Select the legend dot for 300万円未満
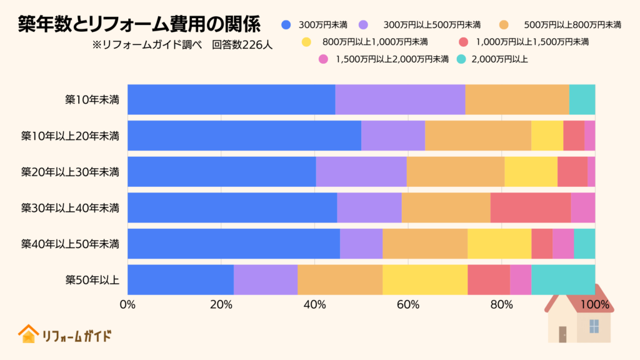(x=286, y=25)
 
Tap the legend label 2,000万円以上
(x=500, y=59)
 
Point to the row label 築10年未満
(x=92, y=99)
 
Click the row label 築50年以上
(x=92, y=279)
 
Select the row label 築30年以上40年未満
(x=70, y=207)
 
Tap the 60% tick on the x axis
(x=407, y=304)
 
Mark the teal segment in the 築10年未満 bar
(x=582, y=99)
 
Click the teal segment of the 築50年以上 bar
(x=562, y=279)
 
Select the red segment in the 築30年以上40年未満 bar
(x=530, y=207)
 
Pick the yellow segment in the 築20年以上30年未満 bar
(x=531, y=171)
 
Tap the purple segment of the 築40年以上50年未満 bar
(x=361, y=243)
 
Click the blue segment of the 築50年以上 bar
(x=180, y=279)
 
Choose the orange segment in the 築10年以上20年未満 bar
(x=477, y=136)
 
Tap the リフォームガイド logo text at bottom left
(x=76, y=336)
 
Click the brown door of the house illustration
(x=562, y=334)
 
